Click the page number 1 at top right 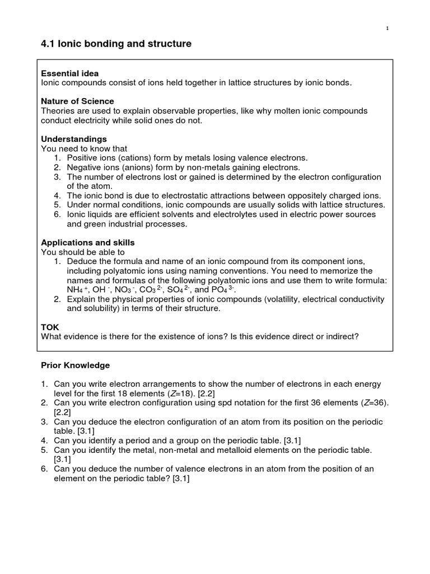tap(387, 29)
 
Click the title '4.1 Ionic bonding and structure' tap(116, 44)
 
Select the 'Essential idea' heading tap(70, 73)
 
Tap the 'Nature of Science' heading tap(78, 101)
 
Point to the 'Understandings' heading tap(74, 139)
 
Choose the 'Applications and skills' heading tap(88, 243)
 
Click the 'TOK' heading tap(50, 327)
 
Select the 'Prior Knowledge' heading tap(76, 365)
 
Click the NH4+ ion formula tap(77, 290)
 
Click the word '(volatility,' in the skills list tap(269, 299)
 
